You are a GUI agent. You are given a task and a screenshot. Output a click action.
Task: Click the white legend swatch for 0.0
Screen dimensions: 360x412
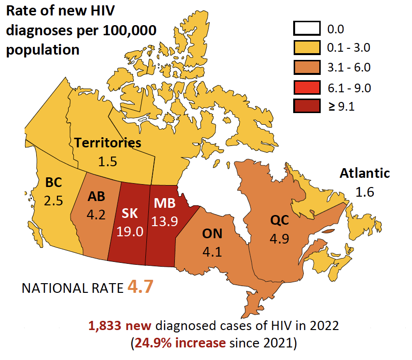tap(307, 29)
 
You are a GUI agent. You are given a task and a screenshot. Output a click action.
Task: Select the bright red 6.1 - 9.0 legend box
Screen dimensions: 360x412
tap(307, 87)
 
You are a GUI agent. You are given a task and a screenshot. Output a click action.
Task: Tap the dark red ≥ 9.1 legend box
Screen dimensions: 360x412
tap(307, 107)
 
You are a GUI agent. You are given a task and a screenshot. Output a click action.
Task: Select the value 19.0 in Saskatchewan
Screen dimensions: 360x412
tap(130, 231)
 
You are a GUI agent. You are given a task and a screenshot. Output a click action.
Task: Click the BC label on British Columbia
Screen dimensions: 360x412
tap(53, 183)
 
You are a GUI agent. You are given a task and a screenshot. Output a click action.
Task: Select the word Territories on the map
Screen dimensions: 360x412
tap(108, 143)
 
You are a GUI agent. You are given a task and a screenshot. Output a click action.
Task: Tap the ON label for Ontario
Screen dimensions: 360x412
tap(212, 234)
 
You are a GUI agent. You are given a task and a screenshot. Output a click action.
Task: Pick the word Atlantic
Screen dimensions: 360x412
tap(365, 173)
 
